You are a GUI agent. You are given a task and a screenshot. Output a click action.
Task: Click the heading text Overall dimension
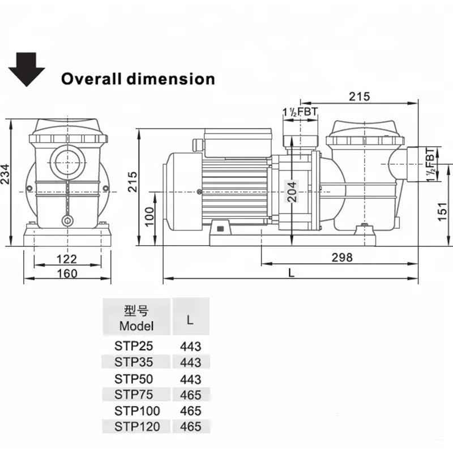pos(138,78)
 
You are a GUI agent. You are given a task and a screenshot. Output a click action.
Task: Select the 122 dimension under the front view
pos(67,259)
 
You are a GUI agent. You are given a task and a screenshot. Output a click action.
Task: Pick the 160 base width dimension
pos(67,273)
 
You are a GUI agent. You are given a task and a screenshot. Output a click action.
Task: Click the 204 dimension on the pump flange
pos(289,193)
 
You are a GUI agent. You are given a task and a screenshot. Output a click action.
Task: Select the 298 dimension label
pos(341,258)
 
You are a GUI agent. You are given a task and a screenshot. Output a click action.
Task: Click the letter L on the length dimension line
pos(291,272)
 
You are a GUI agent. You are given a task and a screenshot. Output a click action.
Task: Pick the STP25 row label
pos(134,345)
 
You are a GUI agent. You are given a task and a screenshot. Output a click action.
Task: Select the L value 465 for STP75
pos(191,394)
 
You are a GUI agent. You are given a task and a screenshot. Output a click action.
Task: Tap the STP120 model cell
pos(136,426)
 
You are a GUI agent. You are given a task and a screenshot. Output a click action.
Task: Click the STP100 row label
pos(136,410)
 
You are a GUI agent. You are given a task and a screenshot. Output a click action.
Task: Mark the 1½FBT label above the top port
pos(300,112)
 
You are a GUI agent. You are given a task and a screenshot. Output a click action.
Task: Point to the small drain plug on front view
pos(68,220)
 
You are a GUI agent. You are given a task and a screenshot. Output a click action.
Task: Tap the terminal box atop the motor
pos(238,144)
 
